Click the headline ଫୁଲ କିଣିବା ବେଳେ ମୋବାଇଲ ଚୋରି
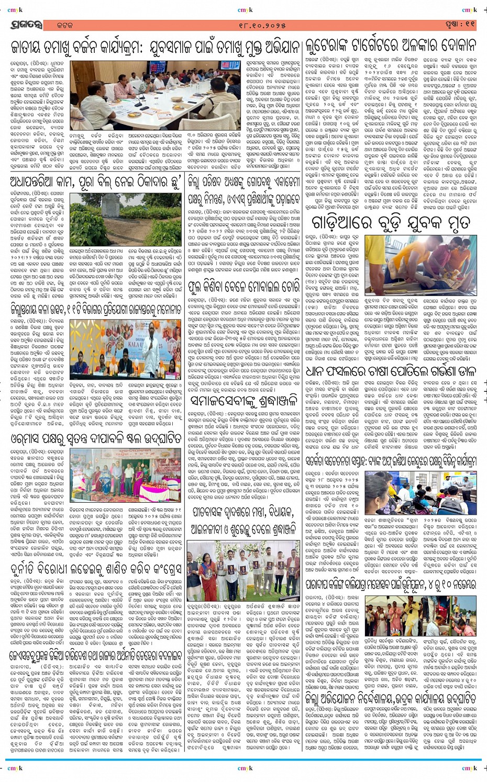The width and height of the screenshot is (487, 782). [x=246, y=288]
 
